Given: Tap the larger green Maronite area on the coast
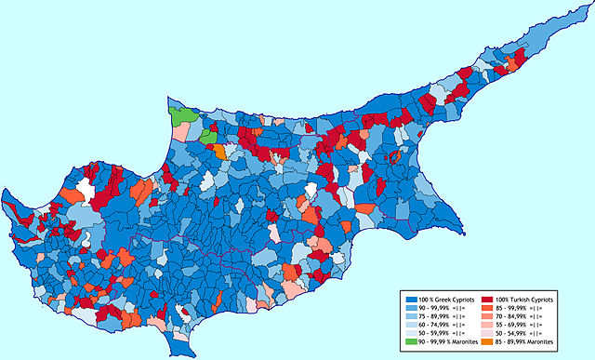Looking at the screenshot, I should (x=182, y=116).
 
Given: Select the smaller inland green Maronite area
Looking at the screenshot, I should (x=205, y=136).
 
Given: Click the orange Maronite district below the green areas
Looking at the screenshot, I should (x=218, y=150).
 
